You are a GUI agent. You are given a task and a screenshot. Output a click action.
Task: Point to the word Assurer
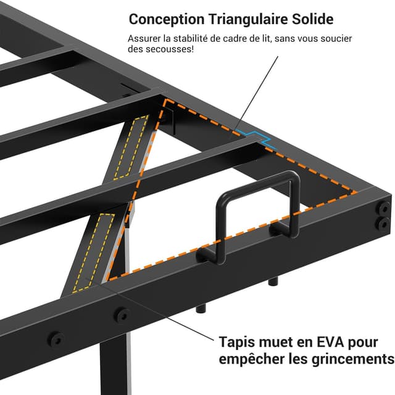[x=146, y=39]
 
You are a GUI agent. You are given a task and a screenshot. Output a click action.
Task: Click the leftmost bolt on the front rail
[x=57, y=339]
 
